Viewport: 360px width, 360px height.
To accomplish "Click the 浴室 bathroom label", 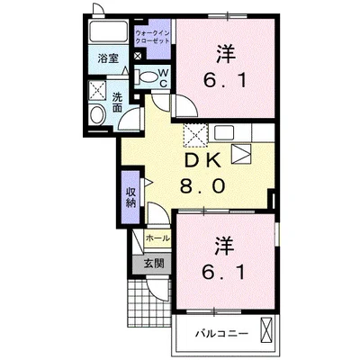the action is click(108, 58).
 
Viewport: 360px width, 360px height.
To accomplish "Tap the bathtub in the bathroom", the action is click(109, 31).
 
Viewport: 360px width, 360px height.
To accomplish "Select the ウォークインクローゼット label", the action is click(152, 37).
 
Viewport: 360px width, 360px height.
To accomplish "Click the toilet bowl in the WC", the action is click(148, 77).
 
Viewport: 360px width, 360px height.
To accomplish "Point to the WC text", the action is click(163, 78).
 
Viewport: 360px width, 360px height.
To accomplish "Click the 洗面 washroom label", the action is click(117, 103).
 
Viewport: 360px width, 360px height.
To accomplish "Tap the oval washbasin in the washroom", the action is click(97, 115).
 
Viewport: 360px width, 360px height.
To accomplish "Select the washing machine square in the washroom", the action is click(97, 90).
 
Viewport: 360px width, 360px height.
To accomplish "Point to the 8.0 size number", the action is click(202, 186).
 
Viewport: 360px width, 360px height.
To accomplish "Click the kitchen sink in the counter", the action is click(224, 132).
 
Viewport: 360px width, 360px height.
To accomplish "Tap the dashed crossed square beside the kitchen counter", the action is click(195, 135).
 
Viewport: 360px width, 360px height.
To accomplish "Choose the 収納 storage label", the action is click(130, 197).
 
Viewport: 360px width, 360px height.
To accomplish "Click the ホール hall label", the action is click(157, 238).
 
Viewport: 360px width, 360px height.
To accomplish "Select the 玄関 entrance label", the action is click(154, 264).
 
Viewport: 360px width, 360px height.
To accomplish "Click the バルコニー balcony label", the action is click(222, 333).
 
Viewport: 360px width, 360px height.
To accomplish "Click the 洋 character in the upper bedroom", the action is click(225, 54).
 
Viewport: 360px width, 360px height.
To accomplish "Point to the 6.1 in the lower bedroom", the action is click(224, 272).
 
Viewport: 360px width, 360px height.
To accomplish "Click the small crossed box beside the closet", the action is click(138, 56).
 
